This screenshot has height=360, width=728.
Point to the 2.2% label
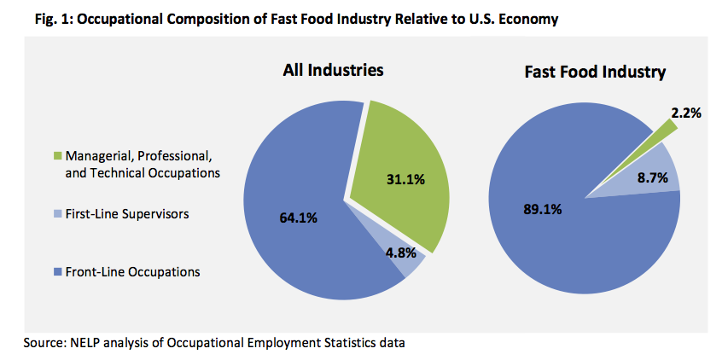click(685, 113)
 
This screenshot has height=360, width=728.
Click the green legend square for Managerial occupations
click(58, 156)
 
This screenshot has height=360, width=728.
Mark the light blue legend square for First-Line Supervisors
click(58, 214)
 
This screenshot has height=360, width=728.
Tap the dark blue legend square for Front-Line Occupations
click(58, 272)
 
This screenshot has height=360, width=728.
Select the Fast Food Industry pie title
click(594, 72)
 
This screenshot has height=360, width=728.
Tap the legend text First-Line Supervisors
click(126, 214)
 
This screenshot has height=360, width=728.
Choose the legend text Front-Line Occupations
click(131, 272)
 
